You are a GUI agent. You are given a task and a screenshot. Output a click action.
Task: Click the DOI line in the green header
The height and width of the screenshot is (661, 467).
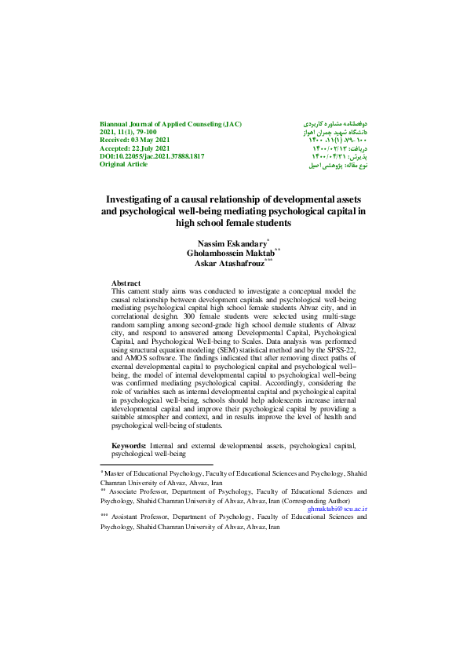coord(151,157)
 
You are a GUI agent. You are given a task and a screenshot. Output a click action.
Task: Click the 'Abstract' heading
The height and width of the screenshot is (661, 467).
coord(126,283)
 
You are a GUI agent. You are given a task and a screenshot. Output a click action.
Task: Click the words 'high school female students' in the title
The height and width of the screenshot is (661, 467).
coord(233,223)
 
